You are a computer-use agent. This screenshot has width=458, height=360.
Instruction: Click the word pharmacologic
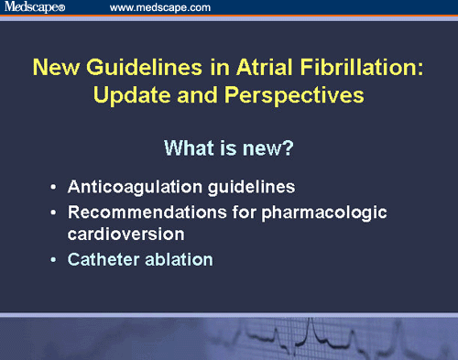pyautogui.click(x=321, y=213)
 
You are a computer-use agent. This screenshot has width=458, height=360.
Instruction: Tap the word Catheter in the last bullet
pyautogui.click(x=101, y=259)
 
